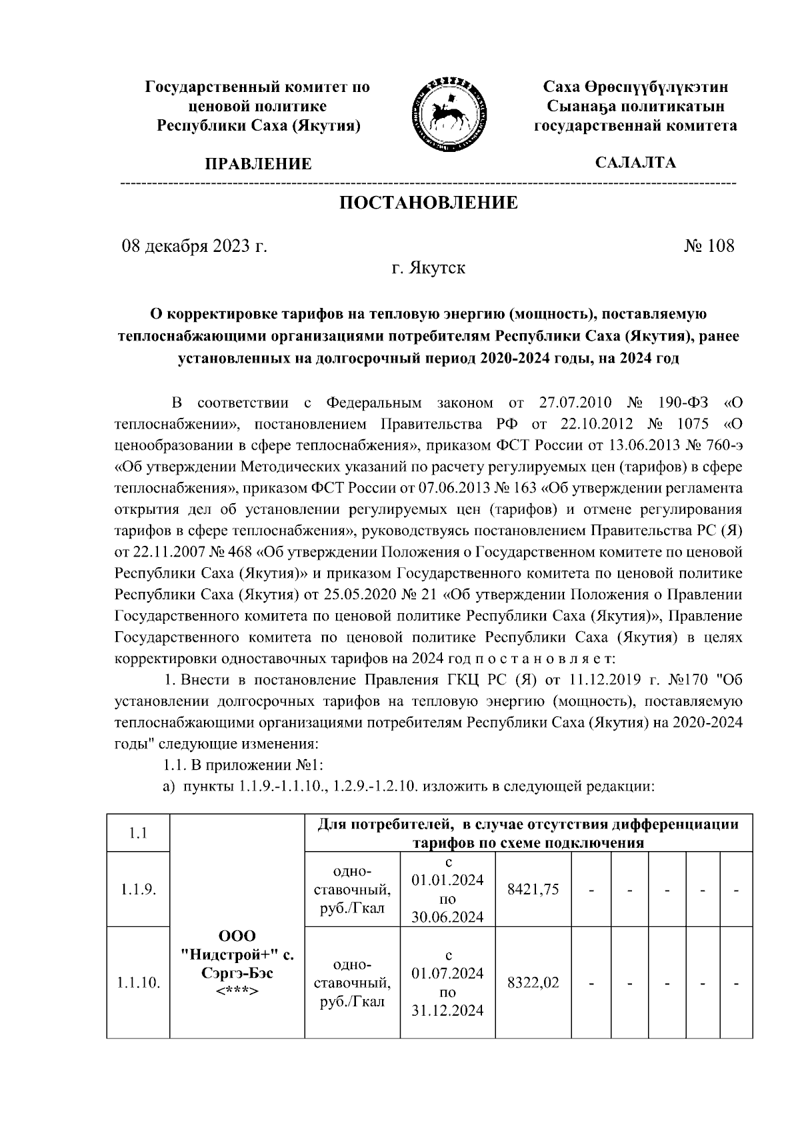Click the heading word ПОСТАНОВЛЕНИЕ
point(429,203)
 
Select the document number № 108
point(709,246)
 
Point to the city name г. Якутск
point(428,269)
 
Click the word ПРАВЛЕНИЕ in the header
point(258,164)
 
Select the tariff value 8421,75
point(533,889)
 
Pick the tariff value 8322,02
point(533,982)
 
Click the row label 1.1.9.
point(139,889)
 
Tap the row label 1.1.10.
point(139,982)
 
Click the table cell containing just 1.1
point(139,833)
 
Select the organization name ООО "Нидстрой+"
point(237,945)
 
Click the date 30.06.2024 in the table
point(447,917)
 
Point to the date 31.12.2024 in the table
point(447,1011)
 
